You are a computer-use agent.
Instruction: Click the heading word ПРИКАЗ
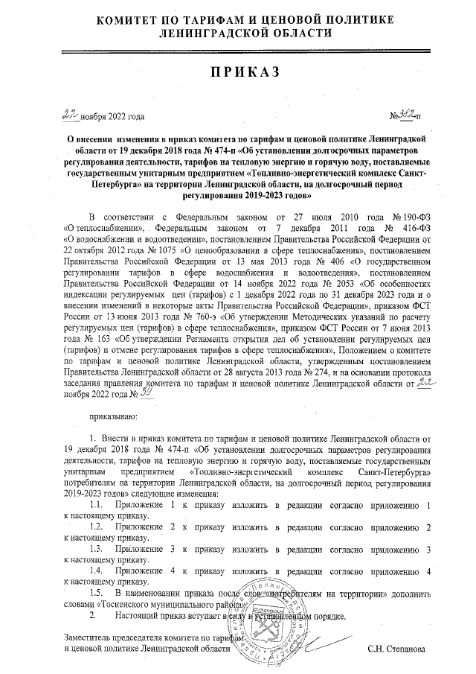[238, 71]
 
